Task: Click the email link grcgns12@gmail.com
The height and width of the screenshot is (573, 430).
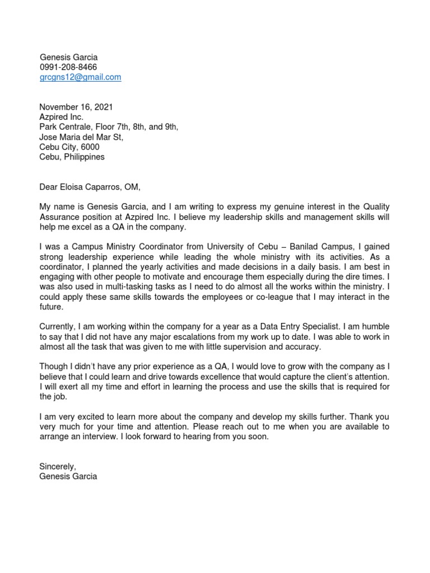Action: point(80,77)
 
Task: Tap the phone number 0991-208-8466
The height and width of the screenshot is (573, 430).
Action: point(68,67)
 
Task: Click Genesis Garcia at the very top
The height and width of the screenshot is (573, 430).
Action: point(68,57)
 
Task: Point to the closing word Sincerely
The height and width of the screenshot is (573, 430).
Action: point(57,467)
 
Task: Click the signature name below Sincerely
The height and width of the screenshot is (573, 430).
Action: point(68,477)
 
